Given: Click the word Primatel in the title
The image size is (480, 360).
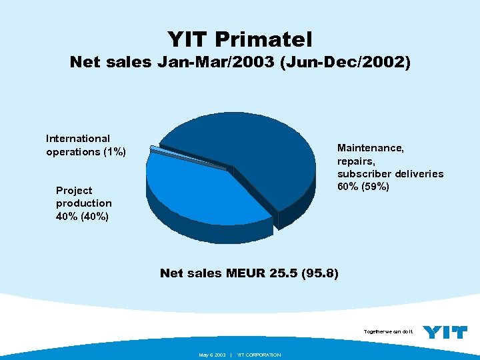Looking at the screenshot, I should [269, 39].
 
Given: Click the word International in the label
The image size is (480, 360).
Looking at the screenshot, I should [78, 139].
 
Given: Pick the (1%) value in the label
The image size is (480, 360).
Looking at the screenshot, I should [112, 152].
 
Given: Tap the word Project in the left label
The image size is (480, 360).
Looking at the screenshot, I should [74, 190].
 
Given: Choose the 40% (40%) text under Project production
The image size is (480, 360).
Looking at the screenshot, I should [83, 217].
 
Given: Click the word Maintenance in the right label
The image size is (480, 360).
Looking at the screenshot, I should [370, 147].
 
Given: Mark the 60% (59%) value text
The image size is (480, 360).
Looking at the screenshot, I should [363, 187].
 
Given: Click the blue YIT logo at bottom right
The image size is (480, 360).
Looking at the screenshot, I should [445, 332].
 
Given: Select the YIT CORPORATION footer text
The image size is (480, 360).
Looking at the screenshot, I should [259, 355].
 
